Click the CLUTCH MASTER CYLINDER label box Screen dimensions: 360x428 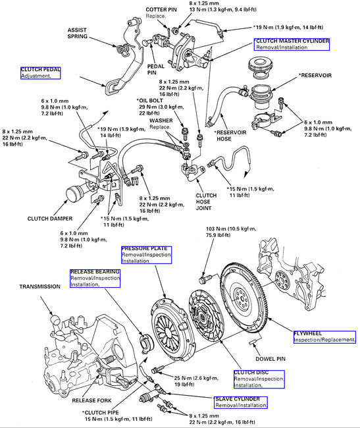[x=292, y=44]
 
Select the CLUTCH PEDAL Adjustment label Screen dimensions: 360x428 [x=40, y=73]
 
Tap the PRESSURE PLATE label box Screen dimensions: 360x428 [x=147, y=255]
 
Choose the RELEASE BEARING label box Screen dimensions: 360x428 [x=95, y=279]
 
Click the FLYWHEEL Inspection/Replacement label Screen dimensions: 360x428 [x=324, y=337]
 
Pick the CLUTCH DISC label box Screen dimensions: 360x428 [x=259, y=379]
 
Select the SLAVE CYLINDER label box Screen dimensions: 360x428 [x=240, y=402]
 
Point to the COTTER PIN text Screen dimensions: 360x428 [x=161, y=10]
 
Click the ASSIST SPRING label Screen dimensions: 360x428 [x=77, y=34]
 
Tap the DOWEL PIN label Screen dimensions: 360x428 [x=270, y=359]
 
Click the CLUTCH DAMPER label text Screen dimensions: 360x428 [x=50, y=219]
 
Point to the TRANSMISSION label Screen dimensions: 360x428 [x=40, y=286]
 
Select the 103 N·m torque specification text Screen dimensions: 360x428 [x=231, y=232]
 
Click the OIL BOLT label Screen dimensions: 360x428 [x=150, y=101]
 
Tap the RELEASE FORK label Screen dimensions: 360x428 [x=91, y=400]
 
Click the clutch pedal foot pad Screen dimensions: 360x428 [x=111, y=87]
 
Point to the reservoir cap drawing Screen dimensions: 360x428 [x=260, y=65]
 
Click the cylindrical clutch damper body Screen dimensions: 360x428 [x=74, y=193]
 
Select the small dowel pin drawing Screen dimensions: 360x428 [x=253, y=341]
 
